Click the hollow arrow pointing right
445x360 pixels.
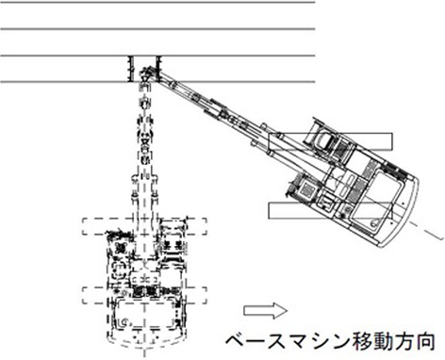266,311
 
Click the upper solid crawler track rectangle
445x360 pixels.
330,141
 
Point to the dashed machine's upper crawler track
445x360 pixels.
144,226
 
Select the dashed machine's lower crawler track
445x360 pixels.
144,296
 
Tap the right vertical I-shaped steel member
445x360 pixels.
158,69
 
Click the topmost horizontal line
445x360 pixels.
157,2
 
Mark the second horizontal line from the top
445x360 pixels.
157,29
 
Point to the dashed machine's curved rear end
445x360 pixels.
144,341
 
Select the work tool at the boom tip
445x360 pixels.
146,74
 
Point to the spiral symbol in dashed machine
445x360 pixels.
124,322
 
